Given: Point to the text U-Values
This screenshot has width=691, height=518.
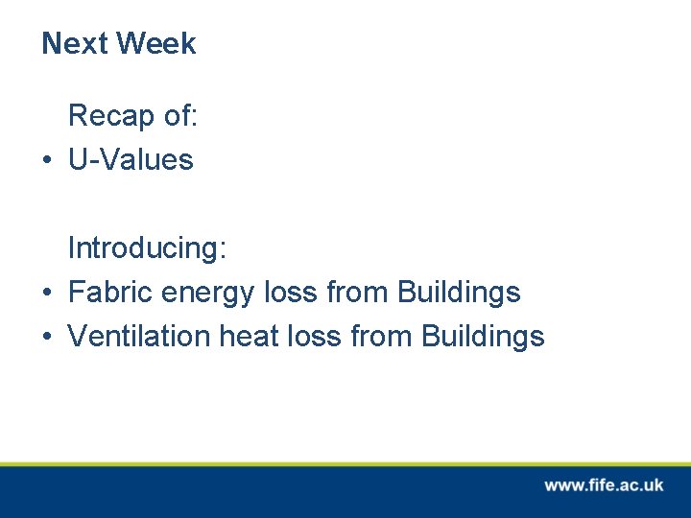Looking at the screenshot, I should (x=131, y=159).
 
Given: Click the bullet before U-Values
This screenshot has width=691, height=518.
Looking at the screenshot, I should (x=47, y=160).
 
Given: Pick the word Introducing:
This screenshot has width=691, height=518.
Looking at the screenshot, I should (x=147, y=248).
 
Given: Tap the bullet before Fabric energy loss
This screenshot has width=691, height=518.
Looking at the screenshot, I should (x=47, y=293).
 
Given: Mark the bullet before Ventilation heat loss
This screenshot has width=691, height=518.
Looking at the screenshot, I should (x=47, y=337).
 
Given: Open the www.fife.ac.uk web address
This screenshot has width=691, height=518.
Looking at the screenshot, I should (x=604, y=485).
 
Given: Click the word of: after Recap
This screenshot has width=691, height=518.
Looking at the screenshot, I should (x=179, y=116).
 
